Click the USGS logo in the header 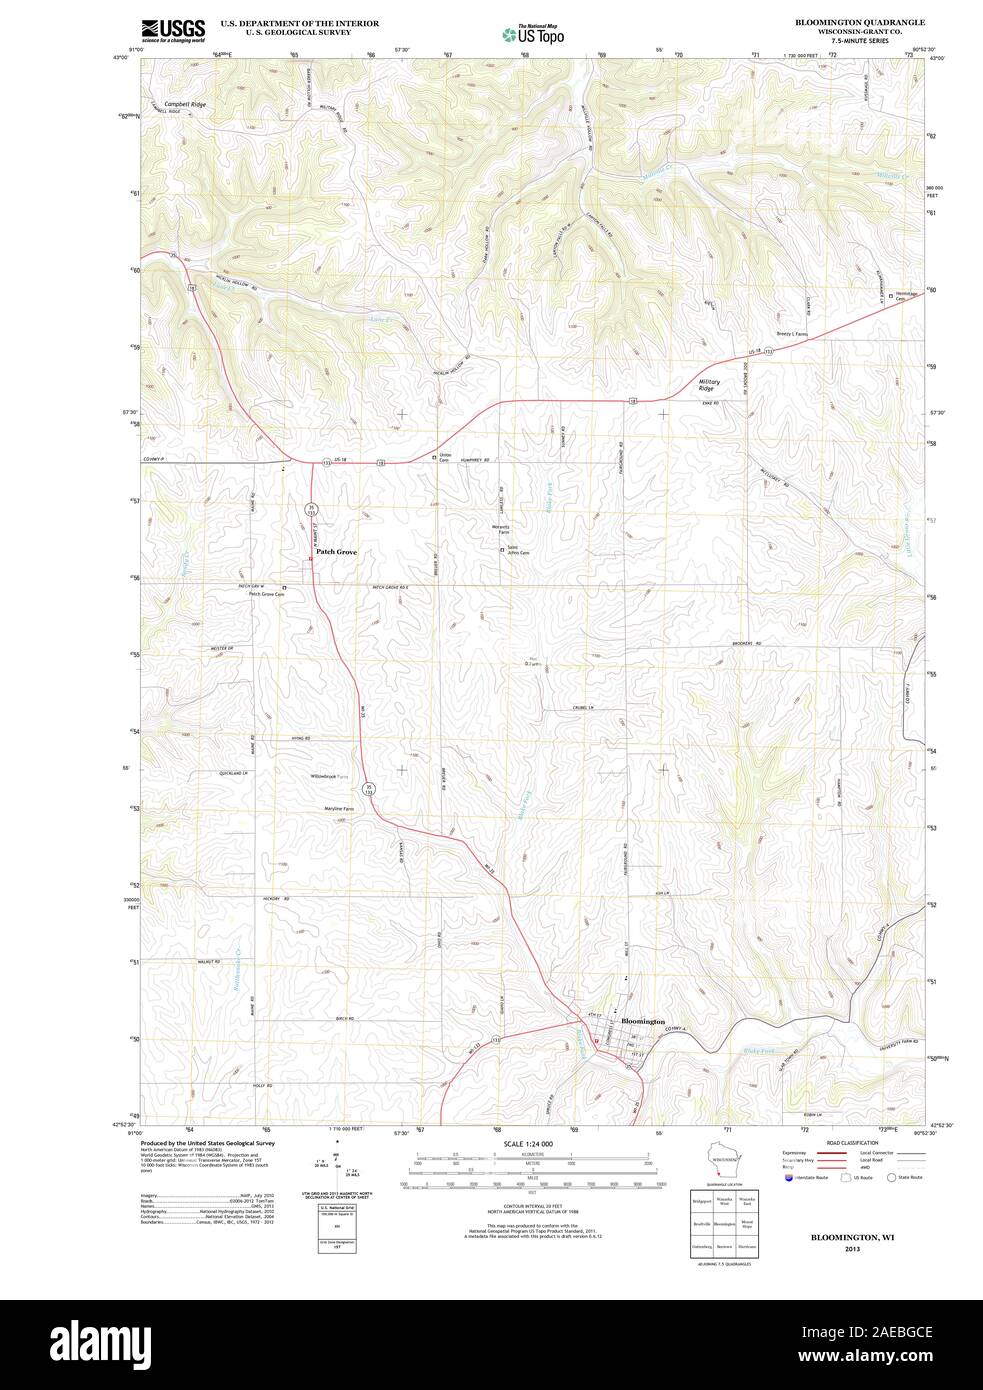(173, 31)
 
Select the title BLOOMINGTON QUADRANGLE (859, 22)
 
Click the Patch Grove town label (336, 552)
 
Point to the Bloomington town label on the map (642, 1021)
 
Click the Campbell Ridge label (185, 104)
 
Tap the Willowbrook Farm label (329, 776)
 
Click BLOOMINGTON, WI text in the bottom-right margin (852, 1237)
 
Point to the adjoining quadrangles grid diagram (723, 1222)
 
